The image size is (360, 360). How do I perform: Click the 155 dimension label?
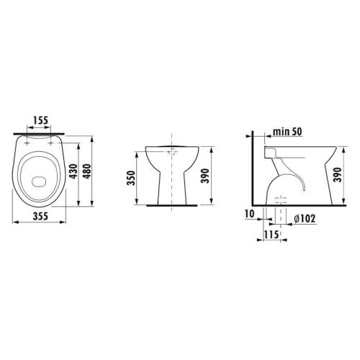40,120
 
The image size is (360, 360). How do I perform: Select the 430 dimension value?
74,171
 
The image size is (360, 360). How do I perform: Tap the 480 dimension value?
88,171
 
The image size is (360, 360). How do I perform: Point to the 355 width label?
40,216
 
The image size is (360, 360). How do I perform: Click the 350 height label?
131,178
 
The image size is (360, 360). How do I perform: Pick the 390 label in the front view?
205,176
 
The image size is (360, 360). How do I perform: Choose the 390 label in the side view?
338,175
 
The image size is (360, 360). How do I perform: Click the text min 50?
287,132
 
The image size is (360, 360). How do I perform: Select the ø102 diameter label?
305,218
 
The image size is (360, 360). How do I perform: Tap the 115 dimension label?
271,235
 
